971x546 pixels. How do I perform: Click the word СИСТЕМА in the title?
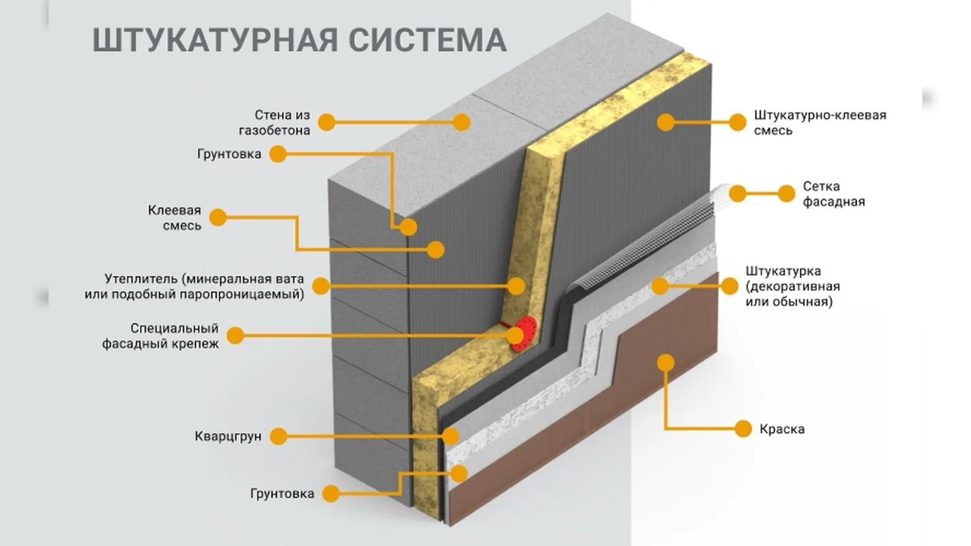(x=427, y=40)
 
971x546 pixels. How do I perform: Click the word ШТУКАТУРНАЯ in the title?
(x=215, y=41)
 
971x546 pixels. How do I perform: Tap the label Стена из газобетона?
(x=275, y=123)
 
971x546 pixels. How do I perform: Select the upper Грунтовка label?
(x=229, y=154)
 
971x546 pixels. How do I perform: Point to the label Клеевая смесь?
(x=175, y=218)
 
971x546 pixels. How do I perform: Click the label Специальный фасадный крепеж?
(x=161, y=336)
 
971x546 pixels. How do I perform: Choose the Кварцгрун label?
(x=228, y=436)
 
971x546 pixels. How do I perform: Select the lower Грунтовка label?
(x=282, y=494)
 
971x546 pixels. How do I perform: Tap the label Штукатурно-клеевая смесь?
(x=820, y=123)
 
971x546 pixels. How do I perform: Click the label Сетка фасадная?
(x=833, y=194)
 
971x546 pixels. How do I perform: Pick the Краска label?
(x=782, y=429)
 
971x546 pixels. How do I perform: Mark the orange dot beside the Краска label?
(x=743, y=429)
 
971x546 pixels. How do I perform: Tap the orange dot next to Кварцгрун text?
(x=278, y=436)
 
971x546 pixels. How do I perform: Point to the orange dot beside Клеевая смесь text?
(x=218, y=218)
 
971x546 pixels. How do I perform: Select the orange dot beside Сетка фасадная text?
(x=786, y=194)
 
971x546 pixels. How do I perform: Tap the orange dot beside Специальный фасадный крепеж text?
(x=235, y=335)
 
